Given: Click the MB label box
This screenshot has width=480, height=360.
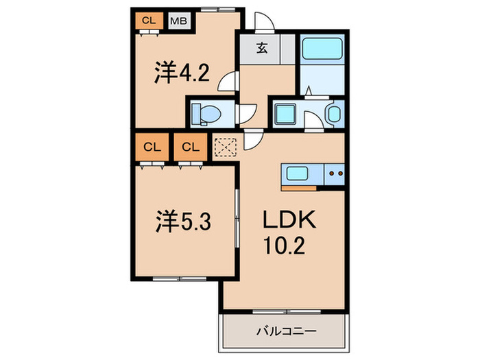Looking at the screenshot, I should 178,21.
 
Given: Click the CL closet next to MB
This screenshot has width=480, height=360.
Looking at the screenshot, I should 147,21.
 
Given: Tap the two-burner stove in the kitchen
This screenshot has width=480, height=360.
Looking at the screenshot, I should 335,173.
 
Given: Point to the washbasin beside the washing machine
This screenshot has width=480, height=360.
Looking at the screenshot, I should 334,113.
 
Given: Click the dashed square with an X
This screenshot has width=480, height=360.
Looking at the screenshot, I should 225,147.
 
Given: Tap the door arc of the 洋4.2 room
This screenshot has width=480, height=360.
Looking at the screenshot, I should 227,83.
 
